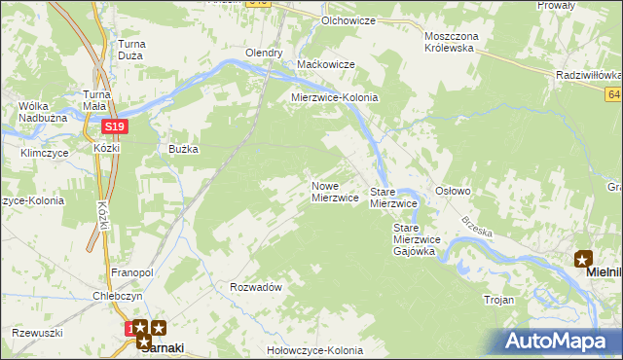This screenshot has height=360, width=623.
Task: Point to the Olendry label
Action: (264, 54)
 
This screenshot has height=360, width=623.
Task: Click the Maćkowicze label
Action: (326, 64)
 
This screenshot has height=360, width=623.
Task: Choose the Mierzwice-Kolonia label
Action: (335, 98)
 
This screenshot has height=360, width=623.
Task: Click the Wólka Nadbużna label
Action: (41, 113)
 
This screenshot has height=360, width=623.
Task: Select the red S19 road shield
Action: (114, 126)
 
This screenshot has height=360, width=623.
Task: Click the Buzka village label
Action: (183, 149)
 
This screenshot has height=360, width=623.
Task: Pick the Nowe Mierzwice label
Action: (335, 192)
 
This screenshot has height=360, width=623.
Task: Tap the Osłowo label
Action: (453, 192)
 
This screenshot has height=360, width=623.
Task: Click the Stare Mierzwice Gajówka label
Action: (417, 239)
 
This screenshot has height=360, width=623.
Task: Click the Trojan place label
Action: (498, 300)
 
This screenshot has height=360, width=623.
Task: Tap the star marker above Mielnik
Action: (583, 258)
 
